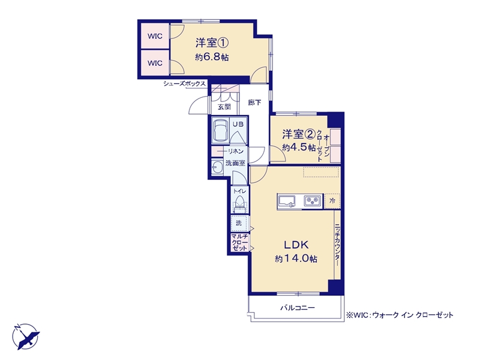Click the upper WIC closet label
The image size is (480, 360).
(155, 36)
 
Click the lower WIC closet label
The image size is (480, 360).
(155, 63)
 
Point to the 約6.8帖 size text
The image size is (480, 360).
(212, 57)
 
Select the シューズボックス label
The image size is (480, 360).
(184, 83)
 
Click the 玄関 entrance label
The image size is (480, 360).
(224, 107)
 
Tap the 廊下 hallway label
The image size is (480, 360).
(254, 103)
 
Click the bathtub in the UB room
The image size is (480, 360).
(220, 130)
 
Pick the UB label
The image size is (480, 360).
(238, 124)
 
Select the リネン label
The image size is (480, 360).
(235, 151)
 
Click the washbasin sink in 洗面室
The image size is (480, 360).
(217, 168)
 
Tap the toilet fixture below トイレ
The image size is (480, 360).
(239, 203)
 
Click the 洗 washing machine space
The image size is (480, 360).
(239, 223)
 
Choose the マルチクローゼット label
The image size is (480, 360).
(239, 242)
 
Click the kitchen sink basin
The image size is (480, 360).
(287, 202)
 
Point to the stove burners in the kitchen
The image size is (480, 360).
(312, 201)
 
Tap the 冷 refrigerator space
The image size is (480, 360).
(332, 201)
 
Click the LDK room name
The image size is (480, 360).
(296, 245)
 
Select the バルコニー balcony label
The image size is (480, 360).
(298, 307)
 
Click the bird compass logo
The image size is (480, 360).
(26, 336)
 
